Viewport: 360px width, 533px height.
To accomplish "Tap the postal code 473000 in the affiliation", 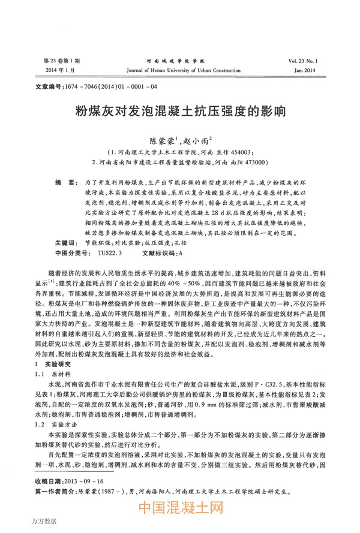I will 252,162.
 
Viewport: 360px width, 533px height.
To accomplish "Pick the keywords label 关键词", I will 64,244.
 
